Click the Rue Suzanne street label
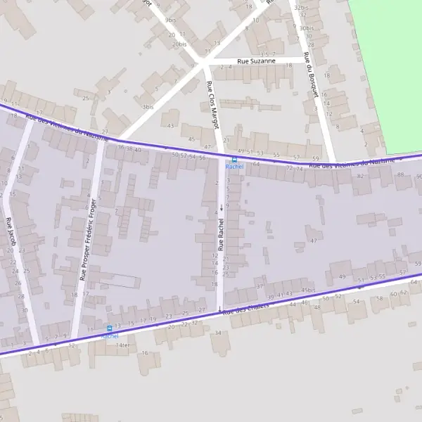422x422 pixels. (256, 61)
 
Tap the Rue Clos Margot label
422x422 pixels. (212, 104)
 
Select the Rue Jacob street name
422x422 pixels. (11, 231)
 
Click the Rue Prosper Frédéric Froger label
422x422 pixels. (88, 239)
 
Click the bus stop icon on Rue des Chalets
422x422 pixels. (109, 328)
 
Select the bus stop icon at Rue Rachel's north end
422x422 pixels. (234, 160)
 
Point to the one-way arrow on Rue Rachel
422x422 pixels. (222, 207)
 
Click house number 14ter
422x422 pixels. (124, 345)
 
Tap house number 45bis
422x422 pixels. (308, 290)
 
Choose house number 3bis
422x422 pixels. (148, 107)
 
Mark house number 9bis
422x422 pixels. (170, 20)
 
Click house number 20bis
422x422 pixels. (179, 44)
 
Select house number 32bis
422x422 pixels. (301, 8)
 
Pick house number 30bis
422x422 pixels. (306, 28)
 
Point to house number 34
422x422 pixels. (217, 333)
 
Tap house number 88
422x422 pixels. (400, 174)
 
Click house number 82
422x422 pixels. (360, 175)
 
